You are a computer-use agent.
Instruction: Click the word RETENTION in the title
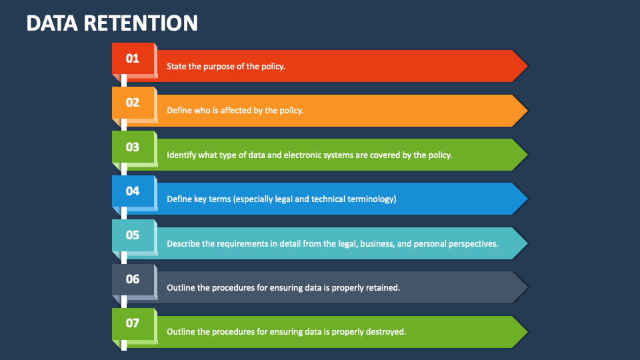point(141,23)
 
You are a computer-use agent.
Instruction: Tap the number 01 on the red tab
point(132,59)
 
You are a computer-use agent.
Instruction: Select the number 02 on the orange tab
point(132,103)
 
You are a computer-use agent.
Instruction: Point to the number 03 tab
point(132,147)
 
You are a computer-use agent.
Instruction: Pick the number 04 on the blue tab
point(132,191)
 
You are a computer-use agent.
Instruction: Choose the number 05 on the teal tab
point(132,235)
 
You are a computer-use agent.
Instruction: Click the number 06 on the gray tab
point(132,279)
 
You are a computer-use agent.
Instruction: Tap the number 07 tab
point(132,323)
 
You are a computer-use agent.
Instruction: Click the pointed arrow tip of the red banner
point(527,66)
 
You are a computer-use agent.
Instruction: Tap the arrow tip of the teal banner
point(527,243)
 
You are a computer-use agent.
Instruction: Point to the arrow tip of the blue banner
point(527,199)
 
